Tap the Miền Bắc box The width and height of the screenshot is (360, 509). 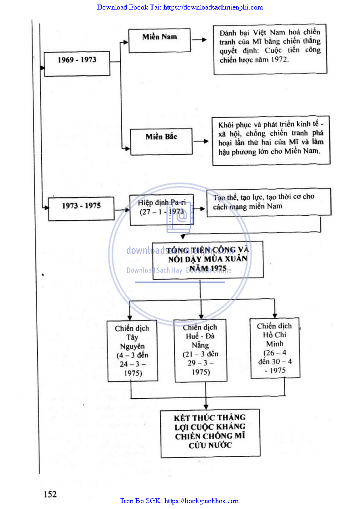pos(161,141)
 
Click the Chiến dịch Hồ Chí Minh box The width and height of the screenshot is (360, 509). pos(275,348)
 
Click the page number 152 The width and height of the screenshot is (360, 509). pos(50,494)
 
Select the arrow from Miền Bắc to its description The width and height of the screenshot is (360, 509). pos(201,142)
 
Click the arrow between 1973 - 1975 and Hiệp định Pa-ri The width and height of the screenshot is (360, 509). pos(121,210)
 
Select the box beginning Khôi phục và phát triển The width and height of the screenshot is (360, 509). pos(271,141)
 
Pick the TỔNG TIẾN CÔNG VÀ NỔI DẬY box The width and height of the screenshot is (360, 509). pos(208,259)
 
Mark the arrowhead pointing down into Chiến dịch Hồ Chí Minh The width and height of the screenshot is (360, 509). pos(275,315)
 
